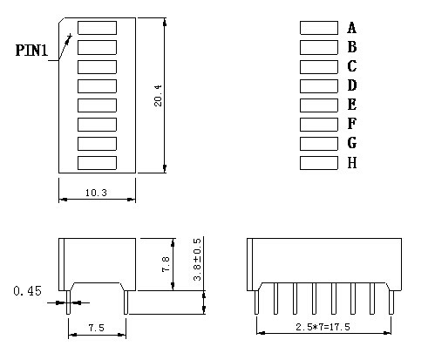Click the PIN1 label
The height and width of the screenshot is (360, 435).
(x=31, y=51)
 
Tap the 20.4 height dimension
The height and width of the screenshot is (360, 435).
(x=159, y=96)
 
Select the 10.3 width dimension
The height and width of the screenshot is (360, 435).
(x=96, y=193)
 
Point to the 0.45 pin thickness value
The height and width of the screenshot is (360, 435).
(x=27, y=291)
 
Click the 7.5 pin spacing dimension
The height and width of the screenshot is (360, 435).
(x=96, y=328)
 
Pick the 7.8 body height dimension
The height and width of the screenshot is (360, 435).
(x=166, y=264)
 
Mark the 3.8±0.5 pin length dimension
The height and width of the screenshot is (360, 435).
(x=197, y=259)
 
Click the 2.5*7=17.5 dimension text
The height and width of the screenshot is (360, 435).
(x=323, y=327)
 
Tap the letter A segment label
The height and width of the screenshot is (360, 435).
(x=351, y=28)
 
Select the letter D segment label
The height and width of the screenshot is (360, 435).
(x=352, y=85)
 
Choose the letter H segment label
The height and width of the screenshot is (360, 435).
(x=352, y=163)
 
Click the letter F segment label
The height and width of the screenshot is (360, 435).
(x=351, y=124)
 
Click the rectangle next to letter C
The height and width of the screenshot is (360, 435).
(x=319, y=67)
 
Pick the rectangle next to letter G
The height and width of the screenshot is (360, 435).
(x=319, y=144)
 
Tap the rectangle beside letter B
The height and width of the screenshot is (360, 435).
(x=319, y=47)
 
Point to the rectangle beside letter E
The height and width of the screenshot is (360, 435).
(x=319, y=105)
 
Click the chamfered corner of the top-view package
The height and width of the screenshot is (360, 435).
(x=62, y=21)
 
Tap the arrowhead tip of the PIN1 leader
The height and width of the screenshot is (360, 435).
(x=71, y=34)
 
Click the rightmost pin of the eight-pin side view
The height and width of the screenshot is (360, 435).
(x=391, y=302)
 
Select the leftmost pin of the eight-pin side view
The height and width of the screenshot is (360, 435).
(x=256, y=302)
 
